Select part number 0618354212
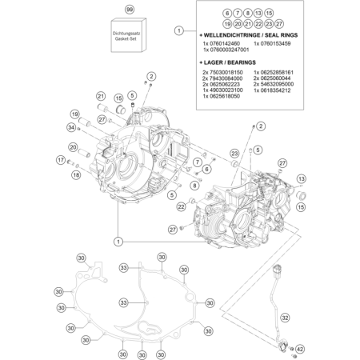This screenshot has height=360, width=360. [x=275, y=90]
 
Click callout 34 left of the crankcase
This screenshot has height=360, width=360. [x=71, y=127]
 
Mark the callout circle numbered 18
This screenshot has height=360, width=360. [x=75, y=173]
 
